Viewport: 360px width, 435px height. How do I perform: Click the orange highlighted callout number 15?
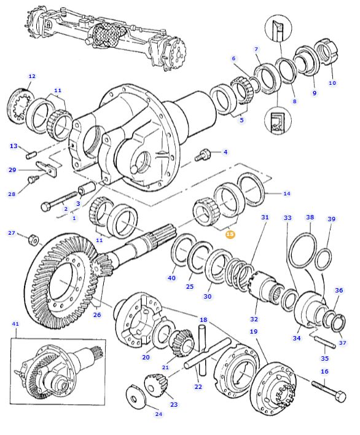230,234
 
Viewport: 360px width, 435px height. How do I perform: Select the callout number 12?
32,76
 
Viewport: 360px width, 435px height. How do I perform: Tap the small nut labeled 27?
34,238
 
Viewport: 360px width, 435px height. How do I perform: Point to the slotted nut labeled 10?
327,52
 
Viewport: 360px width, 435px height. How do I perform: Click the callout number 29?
12,170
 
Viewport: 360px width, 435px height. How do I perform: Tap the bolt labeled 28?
34,179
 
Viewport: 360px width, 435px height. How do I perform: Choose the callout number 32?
254,319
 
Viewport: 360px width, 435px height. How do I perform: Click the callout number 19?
253,332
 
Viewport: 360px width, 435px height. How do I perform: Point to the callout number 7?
256,49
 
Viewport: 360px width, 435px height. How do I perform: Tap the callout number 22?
198,386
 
